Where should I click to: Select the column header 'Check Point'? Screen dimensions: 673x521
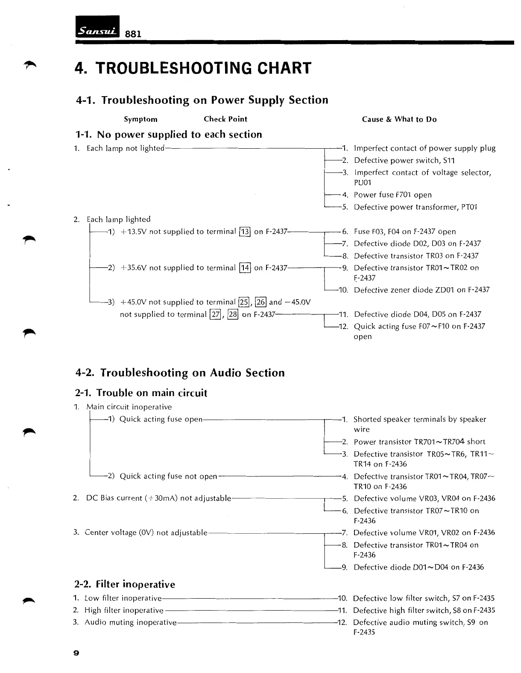(225, 119)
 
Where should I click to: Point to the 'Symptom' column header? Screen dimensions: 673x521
(140, 119)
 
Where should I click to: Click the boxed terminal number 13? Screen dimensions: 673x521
(245, 232)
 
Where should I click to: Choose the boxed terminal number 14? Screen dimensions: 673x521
(245, 268)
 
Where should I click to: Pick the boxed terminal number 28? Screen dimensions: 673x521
(233, 314)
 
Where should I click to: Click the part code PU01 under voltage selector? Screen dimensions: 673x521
(363, 183)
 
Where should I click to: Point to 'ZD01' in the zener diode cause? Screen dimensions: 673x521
(445, 290)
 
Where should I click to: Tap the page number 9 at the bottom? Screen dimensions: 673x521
(76, 653)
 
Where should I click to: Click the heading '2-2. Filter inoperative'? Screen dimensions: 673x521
(125, 584)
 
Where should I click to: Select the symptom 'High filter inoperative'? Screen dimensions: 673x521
(124, 610)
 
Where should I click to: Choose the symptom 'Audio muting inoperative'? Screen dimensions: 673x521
(130, 623)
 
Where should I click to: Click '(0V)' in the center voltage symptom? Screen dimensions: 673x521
(146, 533)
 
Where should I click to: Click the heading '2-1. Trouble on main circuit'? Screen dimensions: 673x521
(141, 393)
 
